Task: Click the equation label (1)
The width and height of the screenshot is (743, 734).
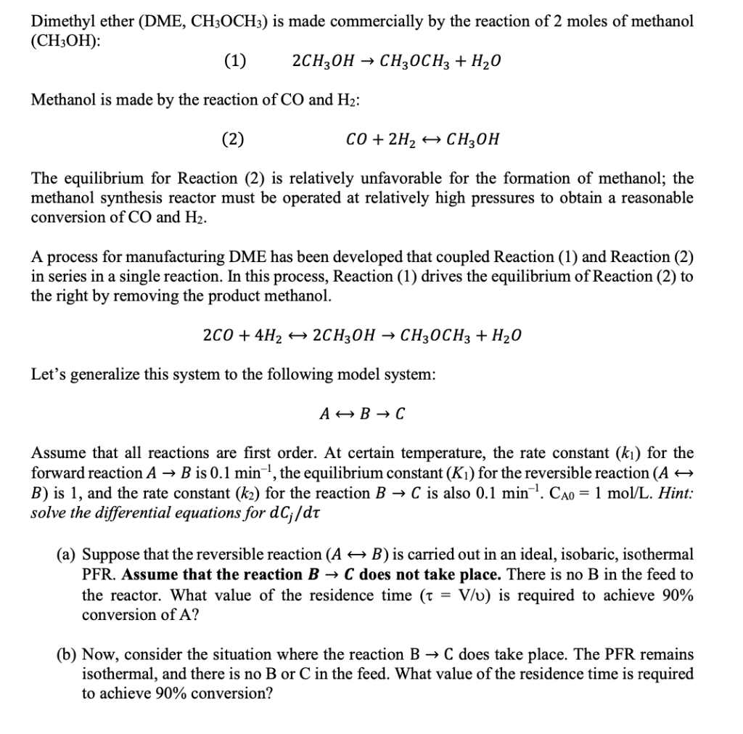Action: pyautogui.click(x=234, y=61)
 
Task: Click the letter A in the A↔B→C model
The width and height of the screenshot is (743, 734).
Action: pyautogui.click(x=324, y=415)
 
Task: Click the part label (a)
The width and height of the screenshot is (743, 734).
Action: pyautogui.click(x=67, y=555)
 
